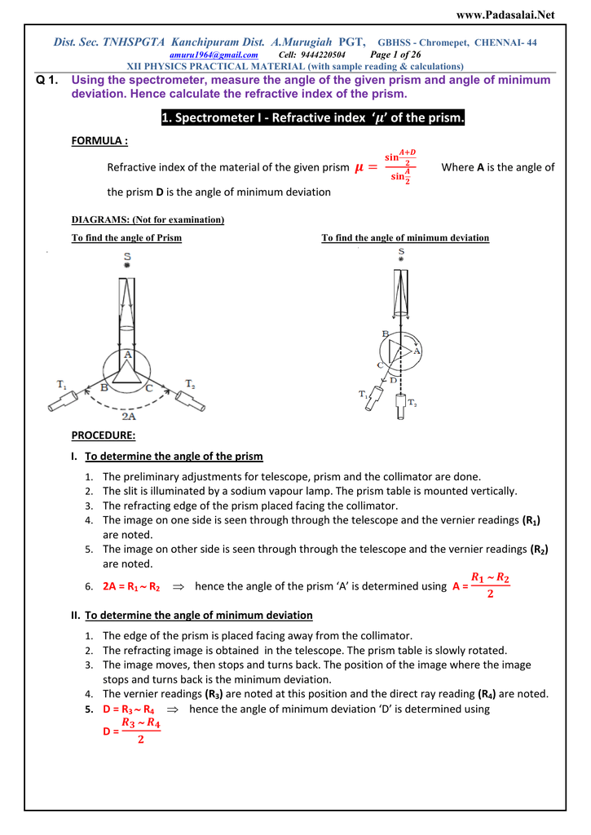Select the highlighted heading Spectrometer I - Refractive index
tap(313, 118)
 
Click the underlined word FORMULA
tap(99, 141)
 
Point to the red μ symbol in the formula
tap(359, 168)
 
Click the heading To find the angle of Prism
tap(126, 238)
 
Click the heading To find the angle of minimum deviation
tap(405, 238)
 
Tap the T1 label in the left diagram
tap(62, 383)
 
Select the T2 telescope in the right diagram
tap(400, 405)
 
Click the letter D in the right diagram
tap(393, 380)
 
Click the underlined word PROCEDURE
tap(104, 435)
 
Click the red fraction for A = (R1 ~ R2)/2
tap(490, 585)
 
